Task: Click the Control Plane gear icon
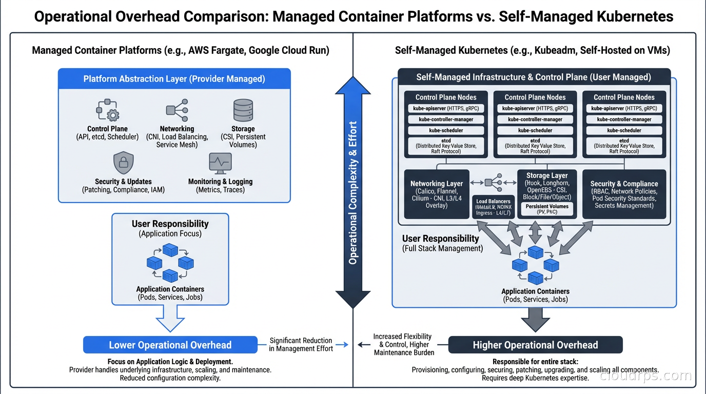108,110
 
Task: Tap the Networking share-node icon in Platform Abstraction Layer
177,110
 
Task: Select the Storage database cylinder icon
243,110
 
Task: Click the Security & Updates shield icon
123,163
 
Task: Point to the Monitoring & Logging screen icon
220,163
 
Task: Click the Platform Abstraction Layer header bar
174,79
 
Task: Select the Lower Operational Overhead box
170,345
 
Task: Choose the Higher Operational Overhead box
535,345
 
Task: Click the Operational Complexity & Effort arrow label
353,192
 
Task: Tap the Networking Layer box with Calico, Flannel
437,194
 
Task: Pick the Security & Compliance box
624,194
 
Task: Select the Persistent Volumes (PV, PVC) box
547,209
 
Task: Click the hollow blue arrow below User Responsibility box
170,318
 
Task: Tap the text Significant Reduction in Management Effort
301,344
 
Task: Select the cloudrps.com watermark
645,376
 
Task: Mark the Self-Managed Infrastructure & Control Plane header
534,77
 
